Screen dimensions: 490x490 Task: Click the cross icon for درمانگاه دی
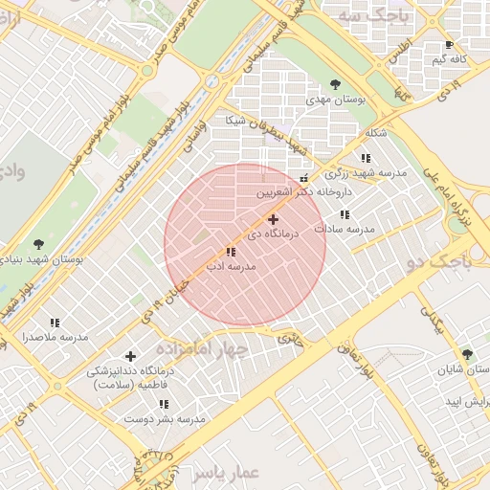273,220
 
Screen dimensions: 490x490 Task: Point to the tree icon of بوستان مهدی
333,84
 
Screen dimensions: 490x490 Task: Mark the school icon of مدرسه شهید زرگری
365,158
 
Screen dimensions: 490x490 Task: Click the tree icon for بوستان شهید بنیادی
38,245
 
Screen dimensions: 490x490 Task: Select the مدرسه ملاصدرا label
55,338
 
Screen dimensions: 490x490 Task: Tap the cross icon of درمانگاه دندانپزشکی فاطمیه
131,357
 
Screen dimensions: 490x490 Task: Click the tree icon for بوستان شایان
466,354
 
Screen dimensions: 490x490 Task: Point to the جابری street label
290,338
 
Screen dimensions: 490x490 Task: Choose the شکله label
376,133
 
